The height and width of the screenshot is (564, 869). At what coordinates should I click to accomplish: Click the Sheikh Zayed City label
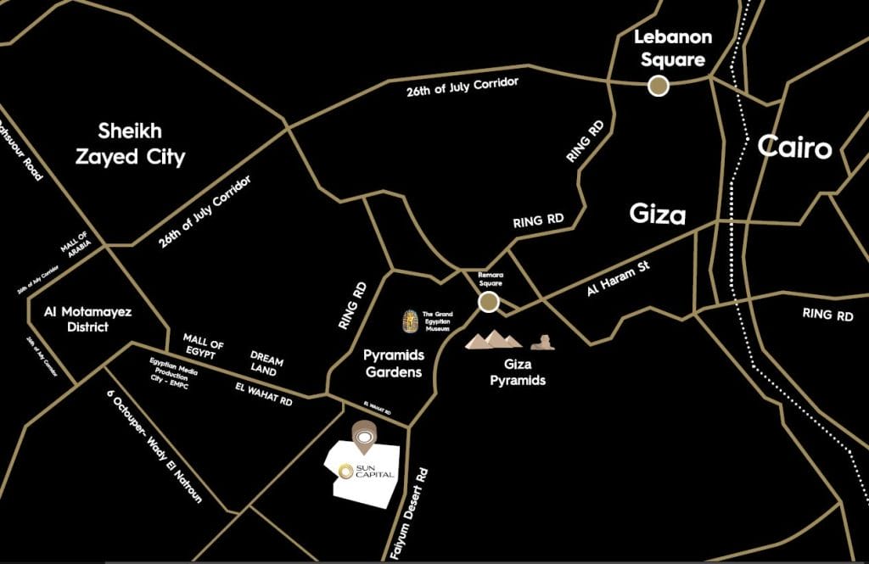142,144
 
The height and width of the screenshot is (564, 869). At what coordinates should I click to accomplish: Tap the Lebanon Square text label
673,48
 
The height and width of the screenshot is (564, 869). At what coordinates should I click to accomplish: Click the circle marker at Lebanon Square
658,85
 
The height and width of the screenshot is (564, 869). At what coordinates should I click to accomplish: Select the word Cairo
795,148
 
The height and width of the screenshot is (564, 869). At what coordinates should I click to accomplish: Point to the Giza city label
658,214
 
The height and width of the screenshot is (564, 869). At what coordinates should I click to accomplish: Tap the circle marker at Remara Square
488,303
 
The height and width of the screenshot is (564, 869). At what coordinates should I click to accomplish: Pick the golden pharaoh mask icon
411,322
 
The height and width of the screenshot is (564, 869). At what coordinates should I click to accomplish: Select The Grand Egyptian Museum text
439,321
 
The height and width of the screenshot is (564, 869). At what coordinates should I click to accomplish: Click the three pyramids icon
493,340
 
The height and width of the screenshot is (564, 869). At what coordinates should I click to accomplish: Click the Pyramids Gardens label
393,363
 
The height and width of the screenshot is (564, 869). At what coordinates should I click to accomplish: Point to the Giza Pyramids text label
518,373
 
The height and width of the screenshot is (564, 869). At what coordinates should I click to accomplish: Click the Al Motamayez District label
88,319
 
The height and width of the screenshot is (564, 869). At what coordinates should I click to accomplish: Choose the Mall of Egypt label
204,345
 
